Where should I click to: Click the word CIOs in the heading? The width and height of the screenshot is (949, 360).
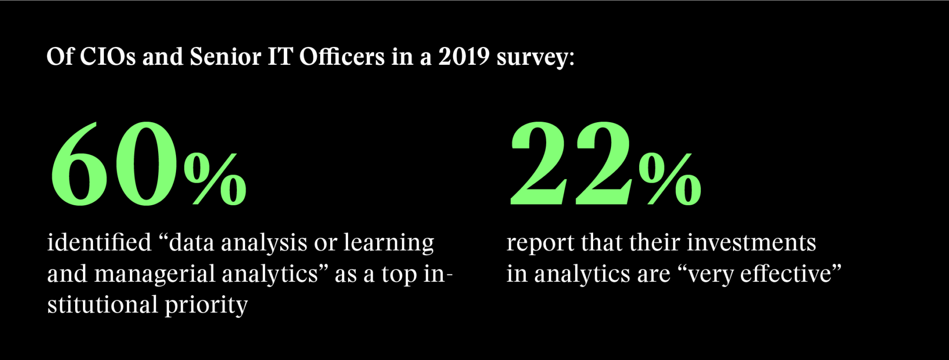coord(108,57)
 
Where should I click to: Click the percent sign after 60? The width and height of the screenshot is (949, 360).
coord(215,179)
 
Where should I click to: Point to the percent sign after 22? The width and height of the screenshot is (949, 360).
coord(670,179)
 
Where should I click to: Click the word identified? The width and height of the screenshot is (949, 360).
coord(99,243)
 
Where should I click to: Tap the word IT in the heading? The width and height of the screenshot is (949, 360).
coord(280,57)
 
